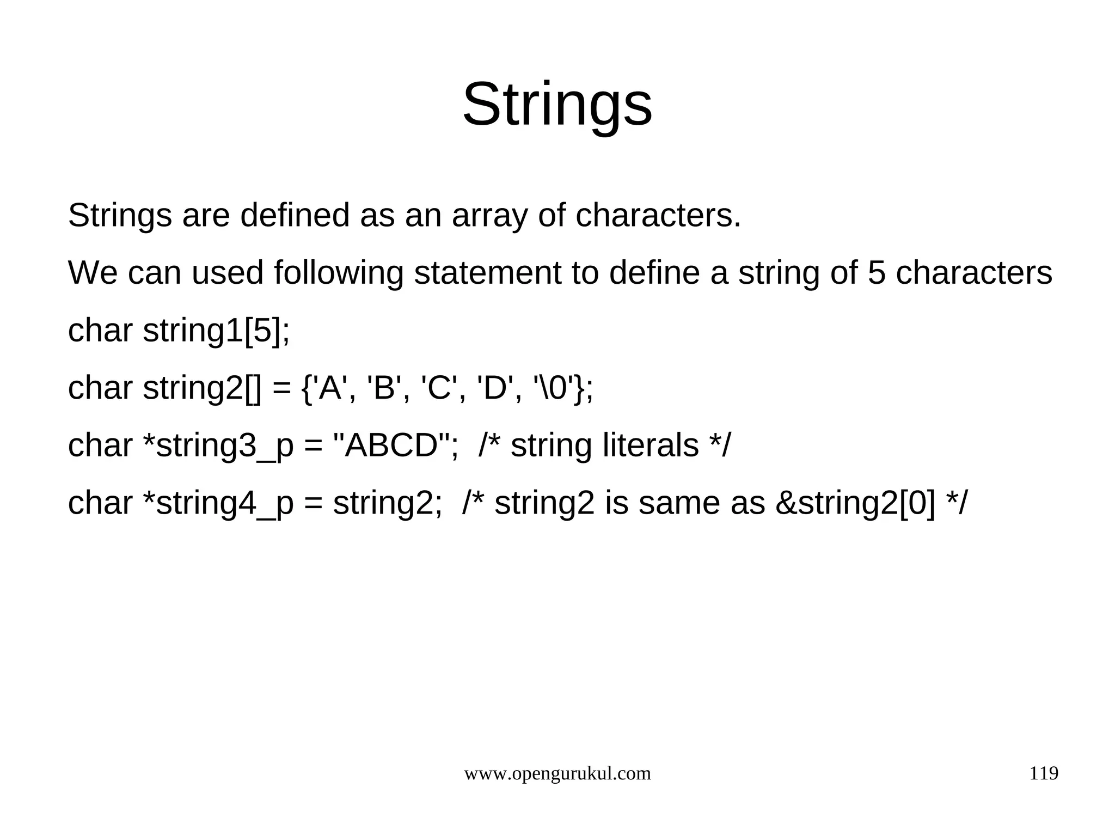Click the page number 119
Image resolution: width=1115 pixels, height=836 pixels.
point(1043,773)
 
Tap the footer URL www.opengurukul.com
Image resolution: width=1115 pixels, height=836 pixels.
point(557,773)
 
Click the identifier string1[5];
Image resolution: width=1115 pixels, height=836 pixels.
point(216,331)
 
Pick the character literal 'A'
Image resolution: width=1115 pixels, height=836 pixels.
point(330,388)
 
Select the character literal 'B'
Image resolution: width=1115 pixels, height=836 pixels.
point(384,388)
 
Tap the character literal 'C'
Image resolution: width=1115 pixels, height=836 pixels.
point(439,388)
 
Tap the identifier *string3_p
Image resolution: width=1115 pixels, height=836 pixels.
point(218,447)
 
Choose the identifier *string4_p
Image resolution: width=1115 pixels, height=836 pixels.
point(218,504)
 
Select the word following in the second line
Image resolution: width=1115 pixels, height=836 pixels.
point(338,273)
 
